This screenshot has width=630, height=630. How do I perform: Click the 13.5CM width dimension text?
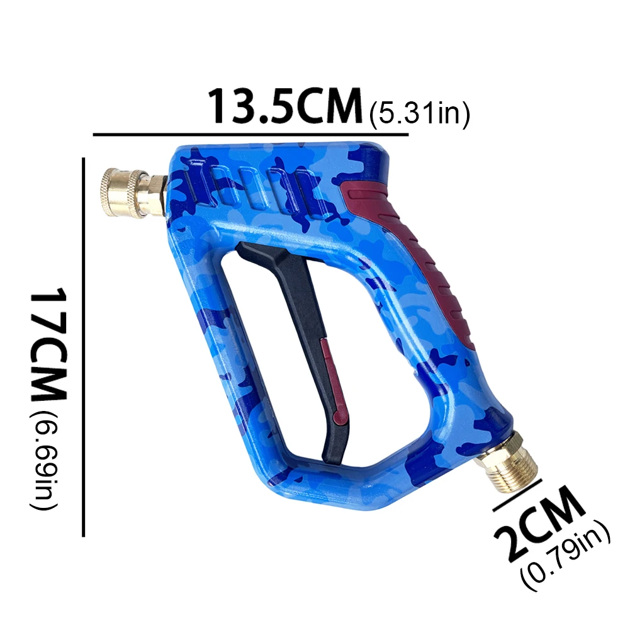tap(286, 105)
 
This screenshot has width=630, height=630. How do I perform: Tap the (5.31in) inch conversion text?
tap(419, 115)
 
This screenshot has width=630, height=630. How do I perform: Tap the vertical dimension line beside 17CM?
tap(84, 346)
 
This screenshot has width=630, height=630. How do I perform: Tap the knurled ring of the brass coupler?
tap(119, 192)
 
